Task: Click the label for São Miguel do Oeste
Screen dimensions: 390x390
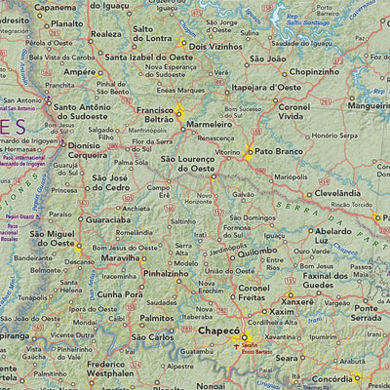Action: click(52, 241)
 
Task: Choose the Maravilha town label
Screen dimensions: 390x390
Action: click(109, 259)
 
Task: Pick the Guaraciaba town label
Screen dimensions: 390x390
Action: click(108, 220)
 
